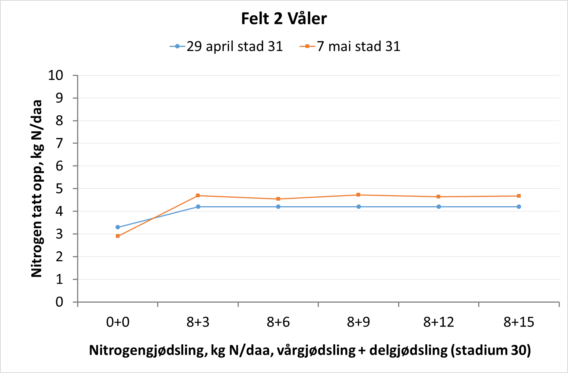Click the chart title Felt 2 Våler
point(284,19)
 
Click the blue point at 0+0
point(118,227)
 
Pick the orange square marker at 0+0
point(118,236)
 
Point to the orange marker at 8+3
point(198,195)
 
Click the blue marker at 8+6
point(278,207)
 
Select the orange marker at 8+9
point(358,195)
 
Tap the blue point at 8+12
point(439,207)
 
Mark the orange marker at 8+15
point(519,196)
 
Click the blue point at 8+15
point(519,207)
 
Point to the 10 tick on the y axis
point(56,75)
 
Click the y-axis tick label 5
point(60,189)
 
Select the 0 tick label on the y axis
point(60,302)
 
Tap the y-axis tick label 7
point(60,143)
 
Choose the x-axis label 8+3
point(198,322)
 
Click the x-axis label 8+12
point(439,322)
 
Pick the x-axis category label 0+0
point(118,322)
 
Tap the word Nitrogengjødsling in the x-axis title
point(148,350)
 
